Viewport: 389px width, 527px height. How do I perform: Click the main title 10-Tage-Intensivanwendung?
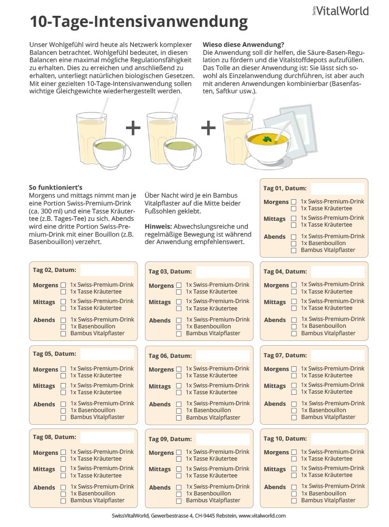[x=139, y=22]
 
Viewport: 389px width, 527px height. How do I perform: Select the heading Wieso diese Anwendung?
[x=243, y=44]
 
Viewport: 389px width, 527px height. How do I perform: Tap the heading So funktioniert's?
[x=55, y=187]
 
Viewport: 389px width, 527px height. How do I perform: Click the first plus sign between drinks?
[x=133, y=128]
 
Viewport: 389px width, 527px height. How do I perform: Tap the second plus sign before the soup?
[x=209, y=128]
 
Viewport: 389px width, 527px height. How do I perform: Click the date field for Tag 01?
[x=337, y=189]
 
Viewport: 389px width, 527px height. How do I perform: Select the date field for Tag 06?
[x=222, y=356]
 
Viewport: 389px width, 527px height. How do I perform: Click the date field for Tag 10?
[x=337, y=438]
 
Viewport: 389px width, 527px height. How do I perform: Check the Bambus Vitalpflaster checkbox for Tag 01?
[x=294, y=250]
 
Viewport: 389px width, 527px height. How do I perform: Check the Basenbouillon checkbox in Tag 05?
[x=63, y=411]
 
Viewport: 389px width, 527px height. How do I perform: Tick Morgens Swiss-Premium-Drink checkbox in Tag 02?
[x=63, y=285]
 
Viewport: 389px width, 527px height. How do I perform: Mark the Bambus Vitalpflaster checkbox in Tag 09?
[x=179, y=501]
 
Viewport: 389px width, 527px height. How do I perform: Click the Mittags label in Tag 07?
[x=275, y=386]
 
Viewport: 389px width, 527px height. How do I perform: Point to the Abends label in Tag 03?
[x=160, y=320]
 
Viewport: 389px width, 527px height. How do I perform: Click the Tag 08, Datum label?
[x=54, y=437]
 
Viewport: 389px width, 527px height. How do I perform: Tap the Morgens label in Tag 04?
[x=276, y=285]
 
